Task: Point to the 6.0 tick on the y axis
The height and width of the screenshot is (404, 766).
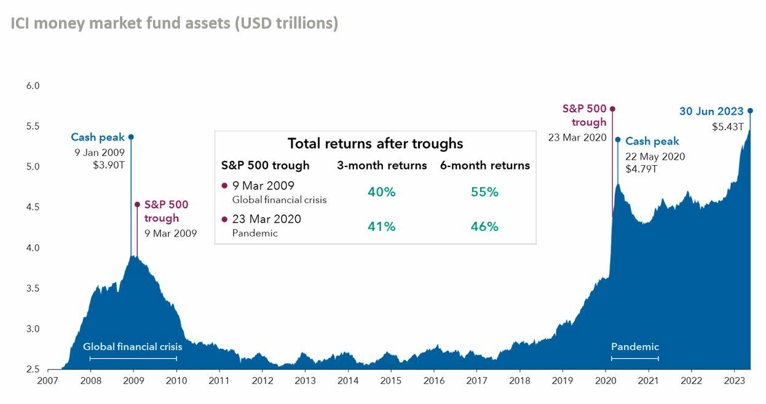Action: click(33, 86)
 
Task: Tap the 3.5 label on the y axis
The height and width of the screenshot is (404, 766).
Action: click(33, 289)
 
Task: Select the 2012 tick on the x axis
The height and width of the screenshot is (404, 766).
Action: click(263, 380)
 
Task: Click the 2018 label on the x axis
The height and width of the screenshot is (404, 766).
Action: click(520, 380)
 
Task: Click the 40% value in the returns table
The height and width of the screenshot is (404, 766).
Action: click(381, 192)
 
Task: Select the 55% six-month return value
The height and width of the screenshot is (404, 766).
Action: click(484, 192)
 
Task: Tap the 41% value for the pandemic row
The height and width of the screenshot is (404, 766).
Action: click(381, 227)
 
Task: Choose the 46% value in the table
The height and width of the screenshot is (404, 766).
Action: click(484, 227)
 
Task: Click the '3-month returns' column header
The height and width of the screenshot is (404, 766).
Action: click(382, 165)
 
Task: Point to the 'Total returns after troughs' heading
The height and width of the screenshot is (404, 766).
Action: click(375, 144)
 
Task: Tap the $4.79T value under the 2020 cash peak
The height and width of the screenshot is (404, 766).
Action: click(641, 168)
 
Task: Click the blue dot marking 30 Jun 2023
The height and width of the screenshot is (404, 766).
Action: click(750, 111)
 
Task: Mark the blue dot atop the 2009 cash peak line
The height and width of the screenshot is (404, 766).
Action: click(131, 137)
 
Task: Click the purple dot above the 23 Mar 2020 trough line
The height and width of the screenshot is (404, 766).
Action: click(612, 109)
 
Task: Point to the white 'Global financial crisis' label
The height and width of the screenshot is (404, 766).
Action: click(133, 346)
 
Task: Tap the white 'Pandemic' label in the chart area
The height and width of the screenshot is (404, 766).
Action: click(634, 346)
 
